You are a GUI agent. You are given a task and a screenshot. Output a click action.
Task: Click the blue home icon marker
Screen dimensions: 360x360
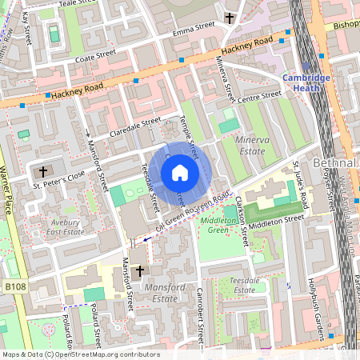point(180,173)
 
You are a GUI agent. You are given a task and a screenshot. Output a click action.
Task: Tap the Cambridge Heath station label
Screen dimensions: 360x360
point(306,82)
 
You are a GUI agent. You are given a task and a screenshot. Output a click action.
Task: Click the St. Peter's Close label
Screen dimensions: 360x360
point(58,183)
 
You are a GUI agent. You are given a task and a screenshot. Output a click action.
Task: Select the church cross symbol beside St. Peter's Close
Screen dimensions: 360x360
point(43,171)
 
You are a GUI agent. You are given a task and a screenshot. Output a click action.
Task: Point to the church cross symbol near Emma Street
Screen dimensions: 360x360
point(230,17)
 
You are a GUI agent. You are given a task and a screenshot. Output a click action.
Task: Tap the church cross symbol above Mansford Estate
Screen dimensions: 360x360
point(139,272)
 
